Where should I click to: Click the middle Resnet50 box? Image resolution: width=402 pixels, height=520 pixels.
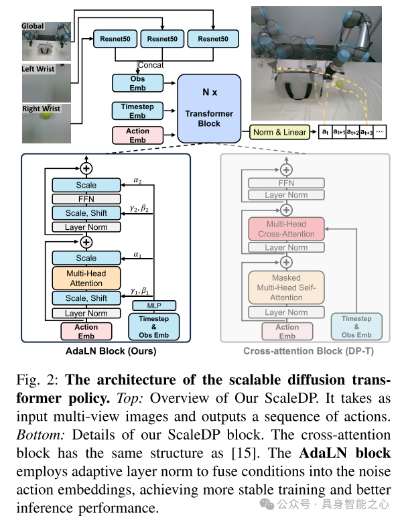[x=162, y=39]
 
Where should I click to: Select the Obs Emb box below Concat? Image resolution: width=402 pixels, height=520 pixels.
[x=137, y=83]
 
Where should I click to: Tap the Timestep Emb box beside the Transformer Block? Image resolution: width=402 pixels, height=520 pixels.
[x=137, y=111]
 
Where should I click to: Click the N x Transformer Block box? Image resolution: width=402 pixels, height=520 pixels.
[x=209, y=109]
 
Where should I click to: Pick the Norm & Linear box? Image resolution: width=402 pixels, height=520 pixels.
[x=279, y=132]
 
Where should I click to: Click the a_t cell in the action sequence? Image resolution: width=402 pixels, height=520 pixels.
[x=325, y=131]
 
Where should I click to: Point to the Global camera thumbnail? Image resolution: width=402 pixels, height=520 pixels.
[x=46, y=42]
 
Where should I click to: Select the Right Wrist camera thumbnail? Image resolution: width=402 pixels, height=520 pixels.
[x=46, y=123]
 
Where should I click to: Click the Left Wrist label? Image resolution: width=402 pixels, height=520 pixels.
[x=38, y=69]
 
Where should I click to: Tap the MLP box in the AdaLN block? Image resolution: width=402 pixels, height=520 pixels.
[x=154, y=306]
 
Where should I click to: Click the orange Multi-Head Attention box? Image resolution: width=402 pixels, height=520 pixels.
[x=86, y=278]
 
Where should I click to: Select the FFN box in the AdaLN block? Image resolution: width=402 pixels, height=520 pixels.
[x=86, y=199]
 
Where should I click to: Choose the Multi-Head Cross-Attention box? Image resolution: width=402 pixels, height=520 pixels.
[x=286, y=229]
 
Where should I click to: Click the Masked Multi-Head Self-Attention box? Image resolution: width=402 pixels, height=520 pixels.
[x=286, y=287]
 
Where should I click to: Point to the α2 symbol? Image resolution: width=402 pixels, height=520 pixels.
[x=137, y=180]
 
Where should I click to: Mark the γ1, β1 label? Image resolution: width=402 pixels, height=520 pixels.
[x=139, y=291]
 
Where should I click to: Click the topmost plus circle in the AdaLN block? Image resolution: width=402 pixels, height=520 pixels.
[x=86, y=168]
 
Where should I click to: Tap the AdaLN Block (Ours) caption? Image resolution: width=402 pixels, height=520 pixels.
[x=111, y=351]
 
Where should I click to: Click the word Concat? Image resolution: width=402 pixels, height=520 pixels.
[x=151, y=65]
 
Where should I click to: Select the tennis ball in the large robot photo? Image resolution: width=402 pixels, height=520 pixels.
[x=340, y=84]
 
